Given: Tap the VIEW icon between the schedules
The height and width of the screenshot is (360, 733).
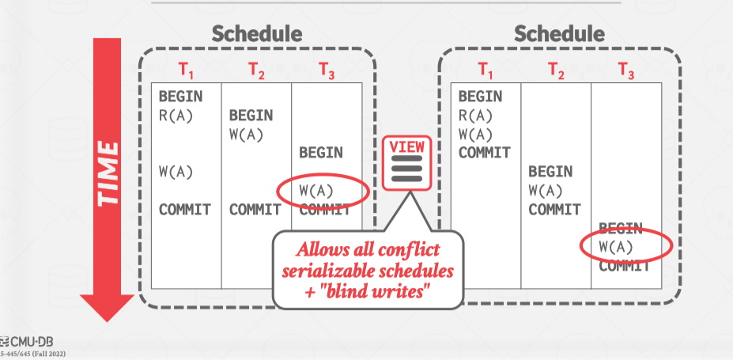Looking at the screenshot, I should coord(405,163).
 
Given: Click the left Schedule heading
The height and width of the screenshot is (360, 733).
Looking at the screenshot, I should coord(256,34).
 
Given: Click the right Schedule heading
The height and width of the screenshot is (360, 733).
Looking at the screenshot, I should coord(559,34).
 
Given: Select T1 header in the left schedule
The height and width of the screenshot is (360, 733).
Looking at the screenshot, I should coord(186,70).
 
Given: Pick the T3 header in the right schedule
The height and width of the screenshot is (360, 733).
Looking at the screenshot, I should coord(626,70).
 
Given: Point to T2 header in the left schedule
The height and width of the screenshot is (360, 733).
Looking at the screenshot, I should coord(256,70).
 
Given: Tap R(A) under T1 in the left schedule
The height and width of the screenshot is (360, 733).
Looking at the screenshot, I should coord(176,116).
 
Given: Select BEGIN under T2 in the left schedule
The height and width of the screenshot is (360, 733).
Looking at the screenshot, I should coord(251,116).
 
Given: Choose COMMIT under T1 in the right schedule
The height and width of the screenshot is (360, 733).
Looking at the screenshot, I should coord(485,153).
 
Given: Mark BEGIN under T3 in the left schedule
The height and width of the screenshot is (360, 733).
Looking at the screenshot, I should coord(320,153).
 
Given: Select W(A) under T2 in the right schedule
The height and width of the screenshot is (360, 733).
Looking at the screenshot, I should coord(546,191).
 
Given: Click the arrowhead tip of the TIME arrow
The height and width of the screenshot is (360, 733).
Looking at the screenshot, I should coord(109,318).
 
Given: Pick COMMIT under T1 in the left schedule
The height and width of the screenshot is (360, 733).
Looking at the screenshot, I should coord(185,210).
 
